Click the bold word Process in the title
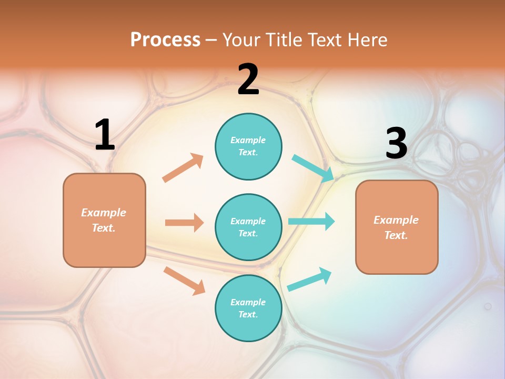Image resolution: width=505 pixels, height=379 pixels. tap(165, 40)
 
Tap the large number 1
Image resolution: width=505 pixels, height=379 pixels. tap(105, 135)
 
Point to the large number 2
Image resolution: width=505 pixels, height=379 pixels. tap(248, 79)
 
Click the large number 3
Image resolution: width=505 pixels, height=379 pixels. tap(396, 143)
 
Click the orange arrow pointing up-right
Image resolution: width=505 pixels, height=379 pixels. tap(183, 167)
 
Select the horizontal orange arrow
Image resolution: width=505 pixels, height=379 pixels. tap(184, 223)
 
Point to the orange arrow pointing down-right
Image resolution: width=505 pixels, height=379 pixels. tap(184, 280)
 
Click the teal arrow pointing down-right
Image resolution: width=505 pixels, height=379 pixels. tap(313, 168)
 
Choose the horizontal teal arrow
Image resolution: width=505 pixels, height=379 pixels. tap(311, 221)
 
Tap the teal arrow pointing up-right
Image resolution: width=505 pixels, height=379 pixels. tap(309, 280)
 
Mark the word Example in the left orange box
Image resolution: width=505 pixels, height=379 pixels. tap(104, 213)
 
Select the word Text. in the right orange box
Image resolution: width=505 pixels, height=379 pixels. tap(396, 235)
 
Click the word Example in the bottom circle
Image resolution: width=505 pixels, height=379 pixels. tap(248, 302)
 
